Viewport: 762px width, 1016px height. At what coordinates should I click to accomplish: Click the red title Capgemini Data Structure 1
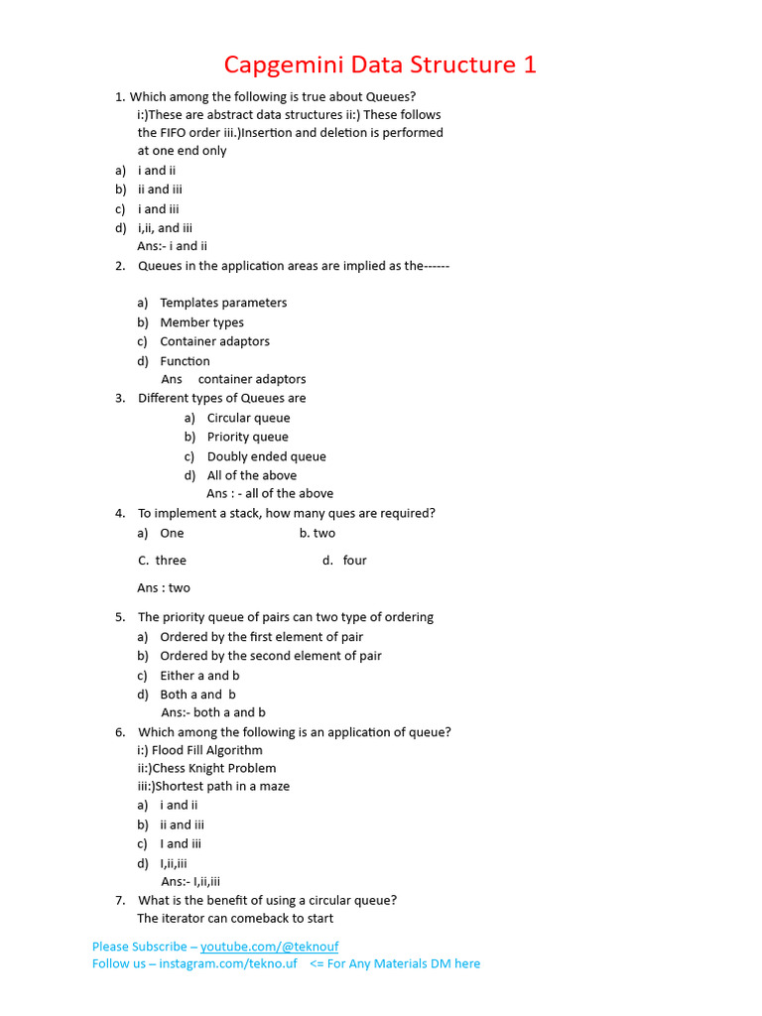380,65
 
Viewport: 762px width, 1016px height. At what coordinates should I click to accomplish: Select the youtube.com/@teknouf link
269,947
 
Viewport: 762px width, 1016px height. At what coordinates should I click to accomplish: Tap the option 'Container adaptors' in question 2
214,341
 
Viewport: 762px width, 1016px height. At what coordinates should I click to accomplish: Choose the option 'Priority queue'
247,437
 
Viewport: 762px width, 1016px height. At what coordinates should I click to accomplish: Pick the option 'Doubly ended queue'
266,456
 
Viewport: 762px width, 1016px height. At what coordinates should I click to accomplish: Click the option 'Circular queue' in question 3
248,418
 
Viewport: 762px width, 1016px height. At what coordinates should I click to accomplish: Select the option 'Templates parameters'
223,303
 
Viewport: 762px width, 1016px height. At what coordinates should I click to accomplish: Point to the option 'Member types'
201,322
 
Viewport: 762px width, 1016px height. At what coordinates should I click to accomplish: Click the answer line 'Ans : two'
164,587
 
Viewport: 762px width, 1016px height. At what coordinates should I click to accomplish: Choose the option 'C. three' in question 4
163,561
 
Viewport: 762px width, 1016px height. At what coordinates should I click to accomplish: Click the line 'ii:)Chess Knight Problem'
206,768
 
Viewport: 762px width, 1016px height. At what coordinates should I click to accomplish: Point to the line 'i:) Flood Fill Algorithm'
199,750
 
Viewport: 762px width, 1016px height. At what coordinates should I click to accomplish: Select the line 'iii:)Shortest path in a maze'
213,786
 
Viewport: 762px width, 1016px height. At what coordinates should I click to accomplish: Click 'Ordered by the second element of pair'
270,656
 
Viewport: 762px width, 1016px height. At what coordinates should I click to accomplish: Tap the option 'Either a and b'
199,676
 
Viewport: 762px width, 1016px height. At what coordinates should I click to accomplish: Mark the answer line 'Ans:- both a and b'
213,712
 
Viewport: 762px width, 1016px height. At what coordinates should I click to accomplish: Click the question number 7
119,900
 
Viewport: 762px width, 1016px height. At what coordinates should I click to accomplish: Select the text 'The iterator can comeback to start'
235,918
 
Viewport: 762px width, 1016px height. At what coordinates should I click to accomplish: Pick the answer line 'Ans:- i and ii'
173,246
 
